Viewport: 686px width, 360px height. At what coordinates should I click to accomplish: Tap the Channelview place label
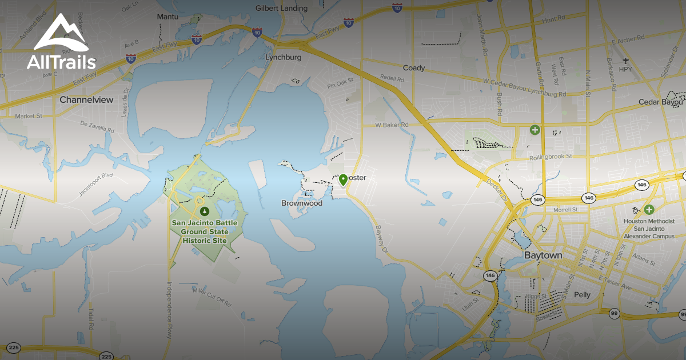pos(86,99)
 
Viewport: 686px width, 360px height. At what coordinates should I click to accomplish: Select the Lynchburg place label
pos(283,58)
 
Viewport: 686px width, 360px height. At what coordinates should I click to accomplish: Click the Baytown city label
pos(543,255)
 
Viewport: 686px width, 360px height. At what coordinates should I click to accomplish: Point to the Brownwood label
pos(302,203)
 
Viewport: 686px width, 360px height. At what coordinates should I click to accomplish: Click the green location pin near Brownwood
pos(343,180)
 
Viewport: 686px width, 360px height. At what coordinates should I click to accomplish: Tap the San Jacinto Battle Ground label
pos(205,231)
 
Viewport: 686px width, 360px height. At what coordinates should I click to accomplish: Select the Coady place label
pos(414,68)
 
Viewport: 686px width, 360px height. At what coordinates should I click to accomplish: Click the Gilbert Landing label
pos(281,9)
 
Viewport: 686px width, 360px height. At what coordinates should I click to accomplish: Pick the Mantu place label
pos(167,17)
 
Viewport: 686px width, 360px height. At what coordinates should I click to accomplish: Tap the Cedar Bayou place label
pos(661,102)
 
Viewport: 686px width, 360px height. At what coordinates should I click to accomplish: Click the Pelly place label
pos(582,295)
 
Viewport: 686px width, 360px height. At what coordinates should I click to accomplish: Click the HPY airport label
pos(626,70)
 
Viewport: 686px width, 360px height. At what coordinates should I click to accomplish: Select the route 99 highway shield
pos(614,314)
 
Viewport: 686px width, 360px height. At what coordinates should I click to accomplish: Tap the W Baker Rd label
pos(392,125)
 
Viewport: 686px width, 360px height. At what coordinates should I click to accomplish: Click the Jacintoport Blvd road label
pos(96,183)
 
